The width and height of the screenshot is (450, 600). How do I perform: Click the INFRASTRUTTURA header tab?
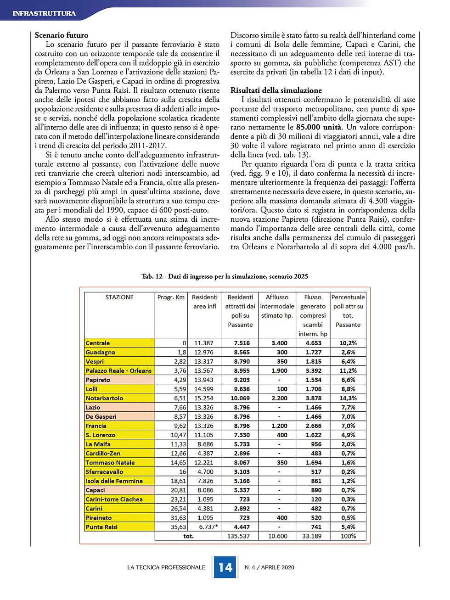click(x=44, y=13)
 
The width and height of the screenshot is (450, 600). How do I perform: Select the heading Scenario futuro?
click(x=62, y=35)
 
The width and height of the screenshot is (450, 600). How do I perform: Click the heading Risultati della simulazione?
click(x=276, y=90)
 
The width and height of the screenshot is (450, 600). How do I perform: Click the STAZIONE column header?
click(x=119, y=297)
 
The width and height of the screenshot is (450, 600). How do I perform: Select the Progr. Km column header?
click(x=171, y=297)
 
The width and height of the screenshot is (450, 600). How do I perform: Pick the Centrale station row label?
click(x=98, y=343)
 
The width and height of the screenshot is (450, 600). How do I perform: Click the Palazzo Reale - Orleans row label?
click(x=118, y=370)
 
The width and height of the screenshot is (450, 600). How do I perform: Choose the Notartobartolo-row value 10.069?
click(x=240, y=398)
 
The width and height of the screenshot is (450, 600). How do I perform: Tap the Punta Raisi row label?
click(x=101, y=527)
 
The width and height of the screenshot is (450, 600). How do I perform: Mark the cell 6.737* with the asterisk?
click(x=208, y=527)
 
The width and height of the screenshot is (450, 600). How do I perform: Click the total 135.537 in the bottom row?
click(x=238, y=536)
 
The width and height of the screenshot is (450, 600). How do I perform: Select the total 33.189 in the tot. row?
click(x=312, y=536)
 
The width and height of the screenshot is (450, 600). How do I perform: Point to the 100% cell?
click(x=348, y=536)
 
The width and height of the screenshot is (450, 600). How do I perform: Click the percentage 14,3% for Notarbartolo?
click(x=348, y=398)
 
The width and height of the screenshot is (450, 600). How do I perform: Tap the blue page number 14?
click(x=225, y=567)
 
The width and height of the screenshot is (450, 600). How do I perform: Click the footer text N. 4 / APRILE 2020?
click(x=270, y=567)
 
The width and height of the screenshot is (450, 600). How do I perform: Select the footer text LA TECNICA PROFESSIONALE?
click(x=166, y=567)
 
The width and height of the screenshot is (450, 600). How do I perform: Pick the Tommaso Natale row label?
click(x=110, y=462)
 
